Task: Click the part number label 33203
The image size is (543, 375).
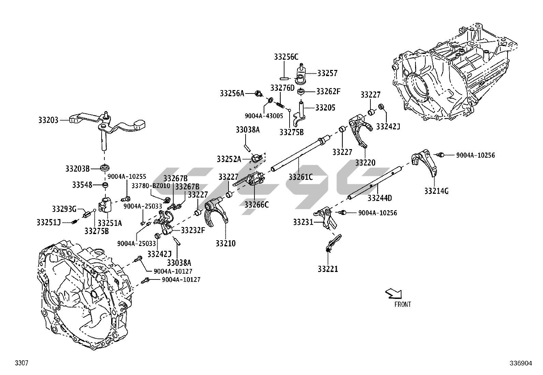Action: (48, 120)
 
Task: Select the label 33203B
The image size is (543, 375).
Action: (77, 169)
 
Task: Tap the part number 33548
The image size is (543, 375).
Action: (82, 185)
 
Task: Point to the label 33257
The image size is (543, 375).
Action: (327, 73)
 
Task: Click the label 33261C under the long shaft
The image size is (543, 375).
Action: (300, 177)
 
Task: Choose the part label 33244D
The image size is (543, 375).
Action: (380, 198)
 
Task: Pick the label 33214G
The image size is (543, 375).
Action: (436, 191)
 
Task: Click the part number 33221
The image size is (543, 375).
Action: (328, 269)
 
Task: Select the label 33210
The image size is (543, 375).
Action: (225, 243)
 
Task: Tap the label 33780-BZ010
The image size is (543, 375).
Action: (151, 186)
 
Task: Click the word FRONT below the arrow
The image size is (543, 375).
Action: (402, 304)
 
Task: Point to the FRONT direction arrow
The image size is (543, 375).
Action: (393, 293)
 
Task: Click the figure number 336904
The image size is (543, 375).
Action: (521, 363)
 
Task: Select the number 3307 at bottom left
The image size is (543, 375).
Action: (21, 363)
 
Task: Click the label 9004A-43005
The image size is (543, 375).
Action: (264, 116)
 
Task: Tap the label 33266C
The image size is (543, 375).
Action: (256, 204)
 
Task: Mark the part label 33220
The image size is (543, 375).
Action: (365, 163)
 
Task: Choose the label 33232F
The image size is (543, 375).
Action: (193, 230)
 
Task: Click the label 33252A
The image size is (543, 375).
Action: (229, 159)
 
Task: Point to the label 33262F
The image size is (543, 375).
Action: (328, 91)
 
